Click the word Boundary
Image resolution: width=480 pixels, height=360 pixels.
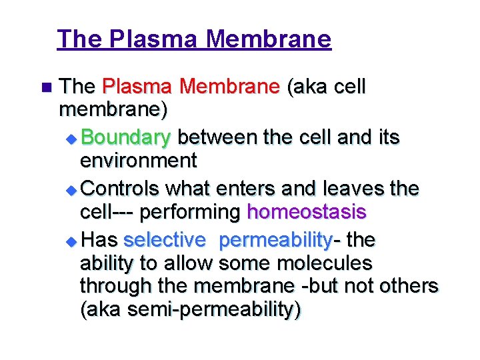tap(127, 138)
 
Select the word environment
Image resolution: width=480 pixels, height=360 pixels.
tap(138, 161)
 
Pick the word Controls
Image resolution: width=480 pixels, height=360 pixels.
tap(122, 189)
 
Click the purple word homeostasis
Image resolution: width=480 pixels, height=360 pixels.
tap(306, 212)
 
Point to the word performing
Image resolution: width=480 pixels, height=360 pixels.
tap(199, 213)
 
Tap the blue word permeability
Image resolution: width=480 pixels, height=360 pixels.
tap(275, 240)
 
